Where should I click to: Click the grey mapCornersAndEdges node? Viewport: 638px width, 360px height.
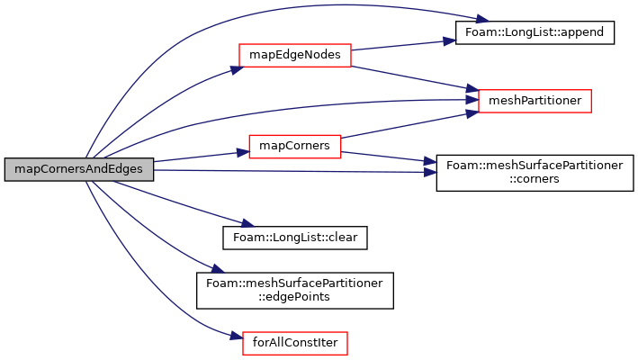point(79,169)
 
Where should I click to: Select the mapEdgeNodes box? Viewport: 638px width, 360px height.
point(295,55)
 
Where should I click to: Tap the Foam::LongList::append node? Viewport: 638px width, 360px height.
point(535,32)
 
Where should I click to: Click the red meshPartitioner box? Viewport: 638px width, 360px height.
point(535,101)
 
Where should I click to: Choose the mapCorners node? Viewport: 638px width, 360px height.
point(295,147)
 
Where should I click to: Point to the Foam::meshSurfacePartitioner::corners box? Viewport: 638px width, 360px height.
point(535,173)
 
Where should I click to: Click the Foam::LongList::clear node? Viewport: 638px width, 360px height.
point(295,238)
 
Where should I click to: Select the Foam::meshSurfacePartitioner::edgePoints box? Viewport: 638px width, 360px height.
point(295,291)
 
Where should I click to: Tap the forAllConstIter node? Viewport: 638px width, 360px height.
point(295,343)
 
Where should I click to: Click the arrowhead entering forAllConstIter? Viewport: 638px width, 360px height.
point(237,336)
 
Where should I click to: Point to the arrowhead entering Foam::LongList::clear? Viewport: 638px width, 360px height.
point(247,223)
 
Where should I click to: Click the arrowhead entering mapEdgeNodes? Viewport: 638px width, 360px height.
point(238,69)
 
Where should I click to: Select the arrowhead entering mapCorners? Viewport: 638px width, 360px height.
point(243,153)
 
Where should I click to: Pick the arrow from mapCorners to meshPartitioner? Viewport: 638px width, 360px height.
point(409,125)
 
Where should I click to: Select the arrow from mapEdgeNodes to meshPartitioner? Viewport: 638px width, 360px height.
point(415,78)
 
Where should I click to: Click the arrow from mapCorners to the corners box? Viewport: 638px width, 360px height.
point(389,157)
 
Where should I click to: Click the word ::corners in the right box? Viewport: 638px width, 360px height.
point(535,179)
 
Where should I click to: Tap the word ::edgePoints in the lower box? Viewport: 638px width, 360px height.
point(295,297)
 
